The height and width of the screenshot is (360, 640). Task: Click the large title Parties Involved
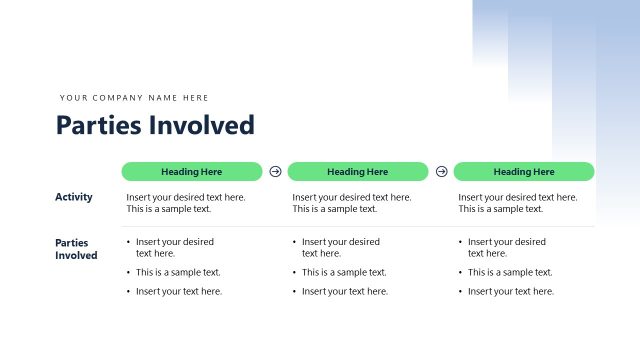pos(155,125)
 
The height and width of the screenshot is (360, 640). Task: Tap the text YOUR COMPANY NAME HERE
pos(134,98)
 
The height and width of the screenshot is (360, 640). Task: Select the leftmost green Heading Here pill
pos(192,172)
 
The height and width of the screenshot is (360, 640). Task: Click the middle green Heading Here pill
pos(358,172)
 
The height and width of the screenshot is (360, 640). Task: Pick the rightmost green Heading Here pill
pos(524,172)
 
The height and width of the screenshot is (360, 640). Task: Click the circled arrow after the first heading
pos(275,172)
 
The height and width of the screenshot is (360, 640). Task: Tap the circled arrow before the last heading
pos(441,172)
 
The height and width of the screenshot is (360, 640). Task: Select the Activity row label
pos(74,197)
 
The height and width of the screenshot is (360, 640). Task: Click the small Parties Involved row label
pos(76,249)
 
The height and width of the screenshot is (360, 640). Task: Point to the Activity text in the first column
pos(185,203)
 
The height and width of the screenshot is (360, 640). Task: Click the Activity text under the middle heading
pos(351,203)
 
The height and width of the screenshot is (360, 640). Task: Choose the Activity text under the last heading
pos(517,203)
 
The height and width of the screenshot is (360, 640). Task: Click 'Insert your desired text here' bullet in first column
pos(175,247)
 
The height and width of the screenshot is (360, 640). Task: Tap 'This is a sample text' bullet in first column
pos(178,272)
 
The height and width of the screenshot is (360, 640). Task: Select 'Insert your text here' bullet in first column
pos(179,291)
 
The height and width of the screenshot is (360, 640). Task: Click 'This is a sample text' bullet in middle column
pos(344,272)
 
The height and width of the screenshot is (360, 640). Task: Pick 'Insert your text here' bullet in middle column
pos(345,291)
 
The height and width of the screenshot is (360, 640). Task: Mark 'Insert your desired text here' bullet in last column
pos(507,247)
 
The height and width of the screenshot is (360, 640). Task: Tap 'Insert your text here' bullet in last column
pos(511,291)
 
